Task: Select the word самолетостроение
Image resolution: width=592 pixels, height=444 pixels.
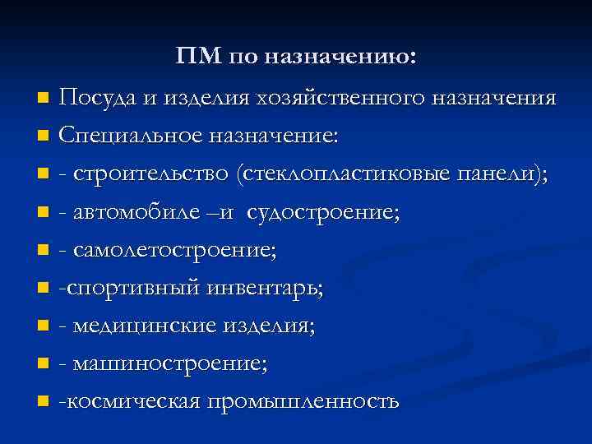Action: [x=173, y=251]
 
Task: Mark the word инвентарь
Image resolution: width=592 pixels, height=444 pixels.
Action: [x=275, y=289]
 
